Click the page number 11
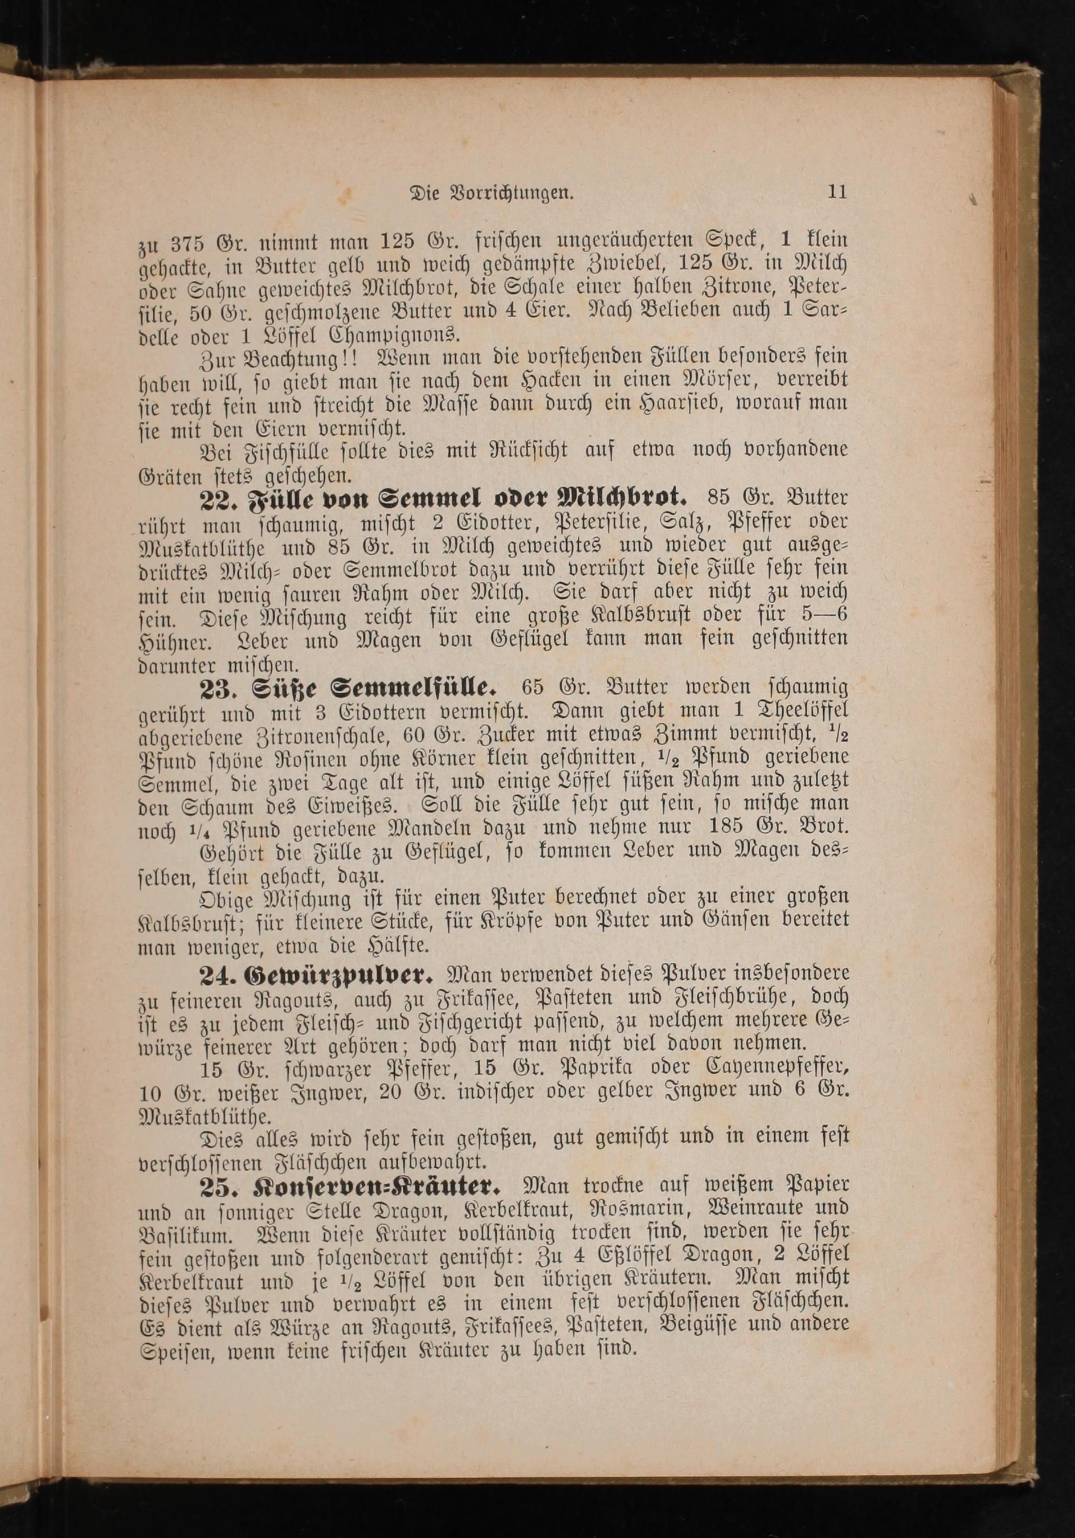click(x=837, y=193)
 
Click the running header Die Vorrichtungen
click(x=492, y=194)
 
